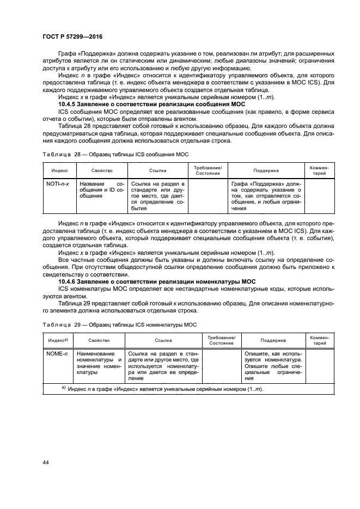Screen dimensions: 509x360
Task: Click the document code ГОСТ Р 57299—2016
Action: (x=72, y=36)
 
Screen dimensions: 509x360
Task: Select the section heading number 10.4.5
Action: (x=70, y=103)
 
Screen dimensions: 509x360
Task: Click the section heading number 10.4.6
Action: (x=70, y=280)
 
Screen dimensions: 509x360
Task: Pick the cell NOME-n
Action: (x=56, y=353)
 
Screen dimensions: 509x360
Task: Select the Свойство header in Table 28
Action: (x=102, y=170)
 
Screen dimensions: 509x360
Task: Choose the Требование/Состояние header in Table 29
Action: (x=221, y=340)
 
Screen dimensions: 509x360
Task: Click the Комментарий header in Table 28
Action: (x=320, y=170)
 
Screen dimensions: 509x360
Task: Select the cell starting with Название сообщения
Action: (x=102, y=190)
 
